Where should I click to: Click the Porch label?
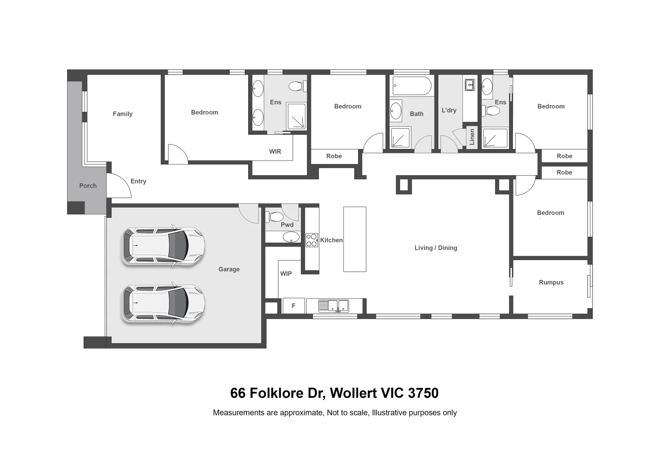pos(88,186)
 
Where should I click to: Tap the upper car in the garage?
pos(163,246)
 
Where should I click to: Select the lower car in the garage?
pos(163,303)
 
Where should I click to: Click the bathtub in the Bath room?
pos(412,86)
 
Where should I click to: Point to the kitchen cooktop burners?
pos(312,240)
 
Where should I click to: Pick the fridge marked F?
pos(294,306)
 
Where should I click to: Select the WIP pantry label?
pos(286,273)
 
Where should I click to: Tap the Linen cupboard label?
pos(472,137)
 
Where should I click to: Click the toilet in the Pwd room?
pos(275,216)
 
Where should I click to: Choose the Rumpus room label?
pos(551,282)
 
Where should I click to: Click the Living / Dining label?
pos(435,248)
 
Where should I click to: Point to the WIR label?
pos(275,152)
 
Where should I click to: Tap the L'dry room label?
pos(449,110)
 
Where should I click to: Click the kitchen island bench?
pos(354,239)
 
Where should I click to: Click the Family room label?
pos(122,114)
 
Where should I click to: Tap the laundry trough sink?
pos(469,85)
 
